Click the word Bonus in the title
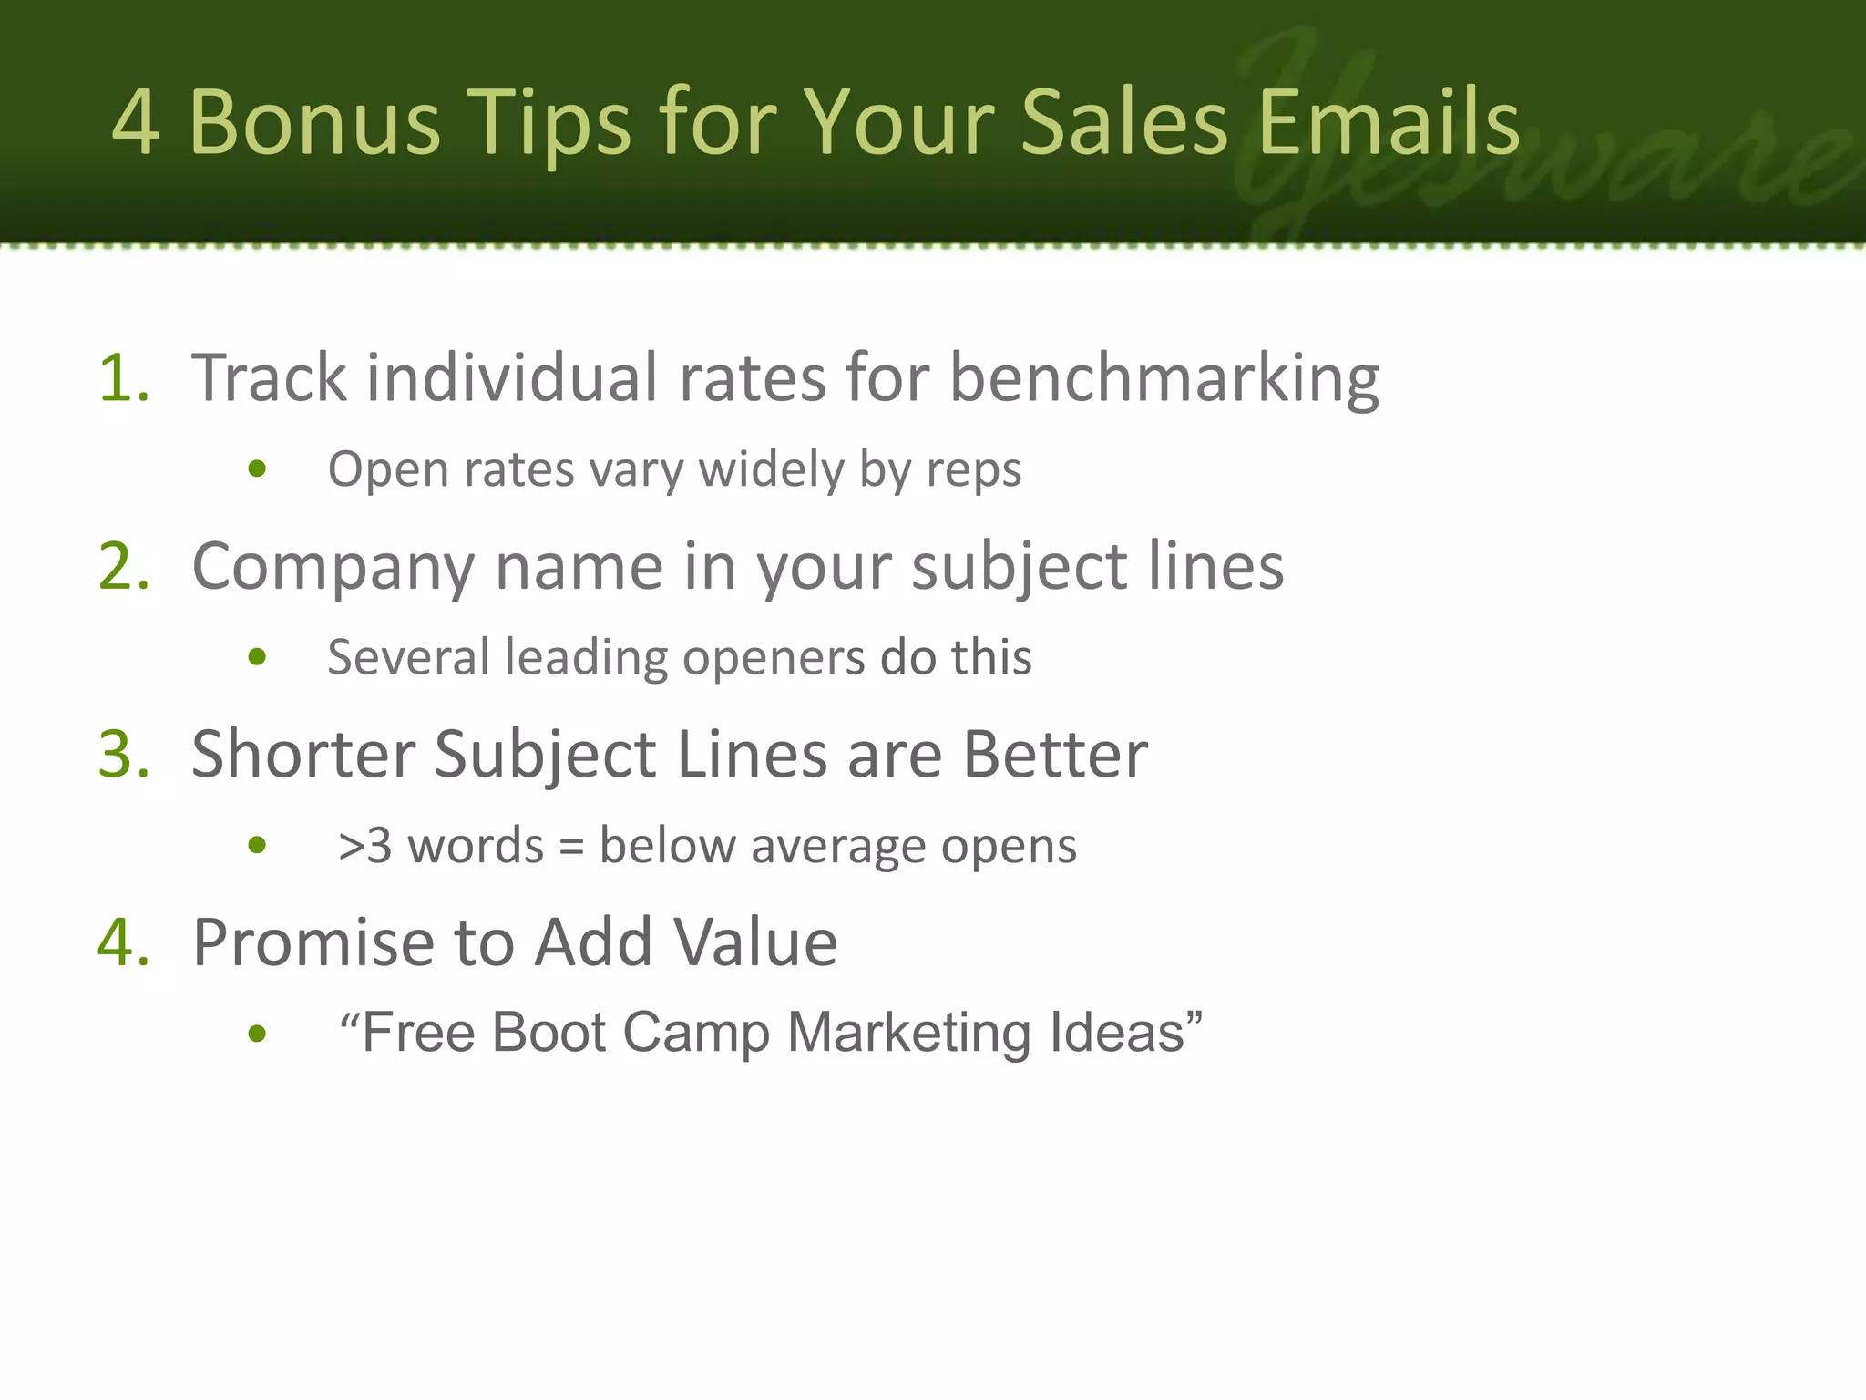(314, 123)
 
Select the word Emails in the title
(1389, 123)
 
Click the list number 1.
(123, 377)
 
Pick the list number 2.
(123, 566)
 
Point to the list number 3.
(123, 755)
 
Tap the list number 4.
(123, 942)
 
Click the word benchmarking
(1164, 379)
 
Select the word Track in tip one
(269, 377)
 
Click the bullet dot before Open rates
(257, 469)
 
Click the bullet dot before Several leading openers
(257, 657)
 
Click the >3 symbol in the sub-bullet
(364, 846)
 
